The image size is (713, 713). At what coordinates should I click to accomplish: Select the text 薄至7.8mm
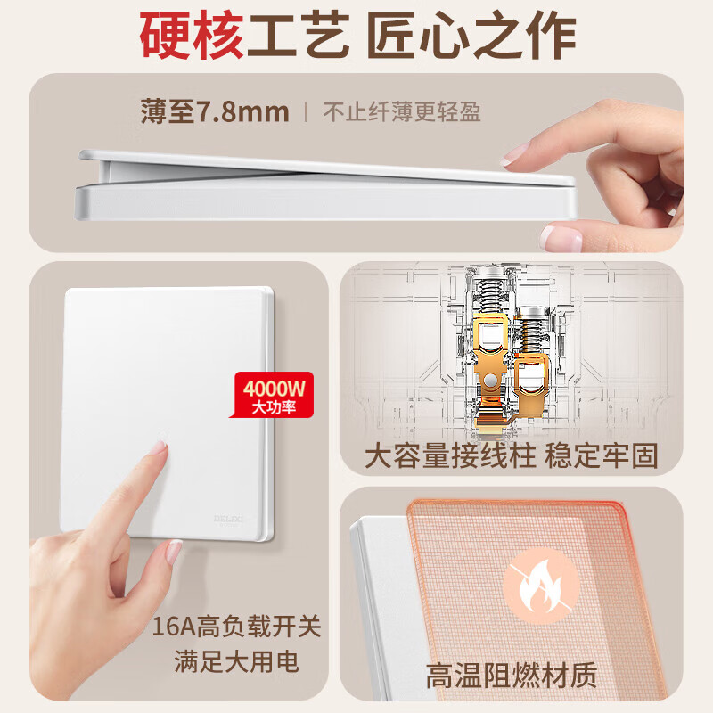pos(215,112)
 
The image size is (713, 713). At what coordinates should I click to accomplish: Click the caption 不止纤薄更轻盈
pos(401,113)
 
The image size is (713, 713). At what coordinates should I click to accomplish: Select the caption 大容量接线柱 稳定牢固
pos(512,456)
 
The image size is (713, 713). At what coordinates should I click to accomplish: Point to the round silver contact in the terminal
pos(489,381)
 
